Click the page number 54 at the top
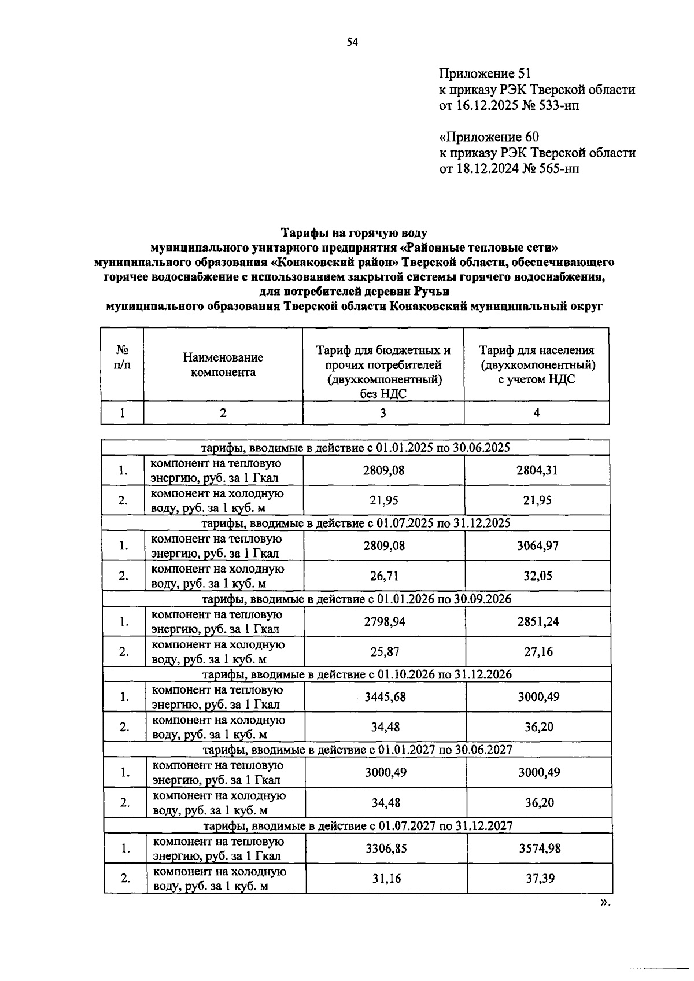pyautogui.click(x=352, y=42)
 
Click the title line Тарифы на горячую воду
pyautogui.click(x=354, y=233)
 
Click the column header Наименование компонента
pyautogui.click(x=223, y=365)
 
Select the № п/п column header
pyautogui.click(x=122, y=357)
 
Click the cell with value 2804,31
pyautogui.click(x=537, y=470)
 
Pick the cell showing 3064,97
pyautogui.click(x=537, y=545)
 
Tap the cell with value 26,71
pyautogui.click(x=384, y=576)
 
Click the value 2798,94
pyautogui.click(x=385, y=622)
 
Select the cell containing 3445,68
pyautogui.click(x=385, y=697)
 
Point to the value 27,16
pyautogui.click(x=538, y=652)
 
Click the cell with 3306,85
pyautogui.click(x=386, y=849)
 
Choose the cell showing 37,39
pyautogui.click(x=539, y=879)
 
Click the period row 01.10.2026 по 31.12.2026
pyautogui.click(x=357, y=674)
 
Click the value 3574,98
pyautogui.click(x=539, y=849)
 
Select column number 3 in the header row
pyautogui.click(x=383, y=413)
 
